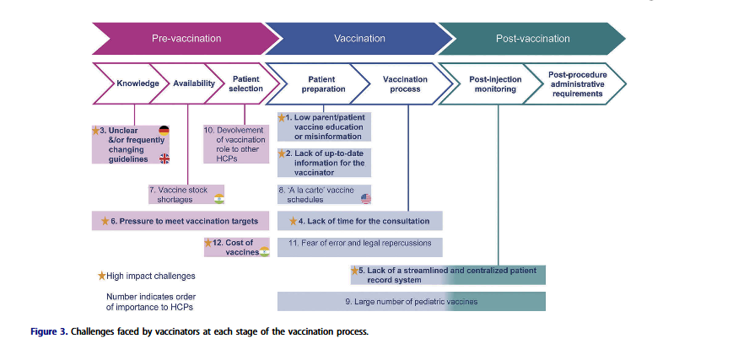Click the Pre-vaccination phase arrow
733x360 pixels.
click(x=186, y=39)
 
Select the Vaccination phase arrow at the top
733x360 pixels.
click(x=359, y=39)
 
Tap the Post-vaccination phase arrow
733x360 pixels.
click(x=532, y=39)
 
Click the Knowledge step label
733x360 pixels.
click(x=137, y=84)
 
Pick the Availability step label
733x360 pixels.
click(x=194, y=84)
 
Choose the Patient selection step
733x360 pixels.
click(x=245, y=83)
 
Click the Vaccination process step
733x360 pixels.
click(x=405, y=84)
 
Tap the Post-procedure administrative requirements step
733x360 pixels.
click(x=577, y=83)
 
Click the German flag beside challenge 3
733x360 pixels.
click(x=164, y=131)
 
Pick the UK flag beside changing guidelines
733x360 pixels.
click(x=164, y=159)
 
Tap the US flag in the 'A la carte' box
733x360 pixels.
click(x=365, y=198)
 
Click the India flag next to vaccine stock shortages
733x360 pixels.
click(x=219, y=199)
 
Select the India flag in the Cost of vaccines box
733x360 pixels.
click(x=264, y=252)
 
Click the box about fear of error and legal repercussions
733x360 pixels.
click(x=359, y=243)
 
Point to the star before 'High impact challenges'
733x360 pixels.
click(x=102, y=275)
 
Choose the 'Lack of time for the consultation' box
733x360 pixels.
click(x=359, y=221)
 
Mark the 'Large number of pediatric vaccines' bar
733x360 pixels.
click(x=411, y=301)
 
